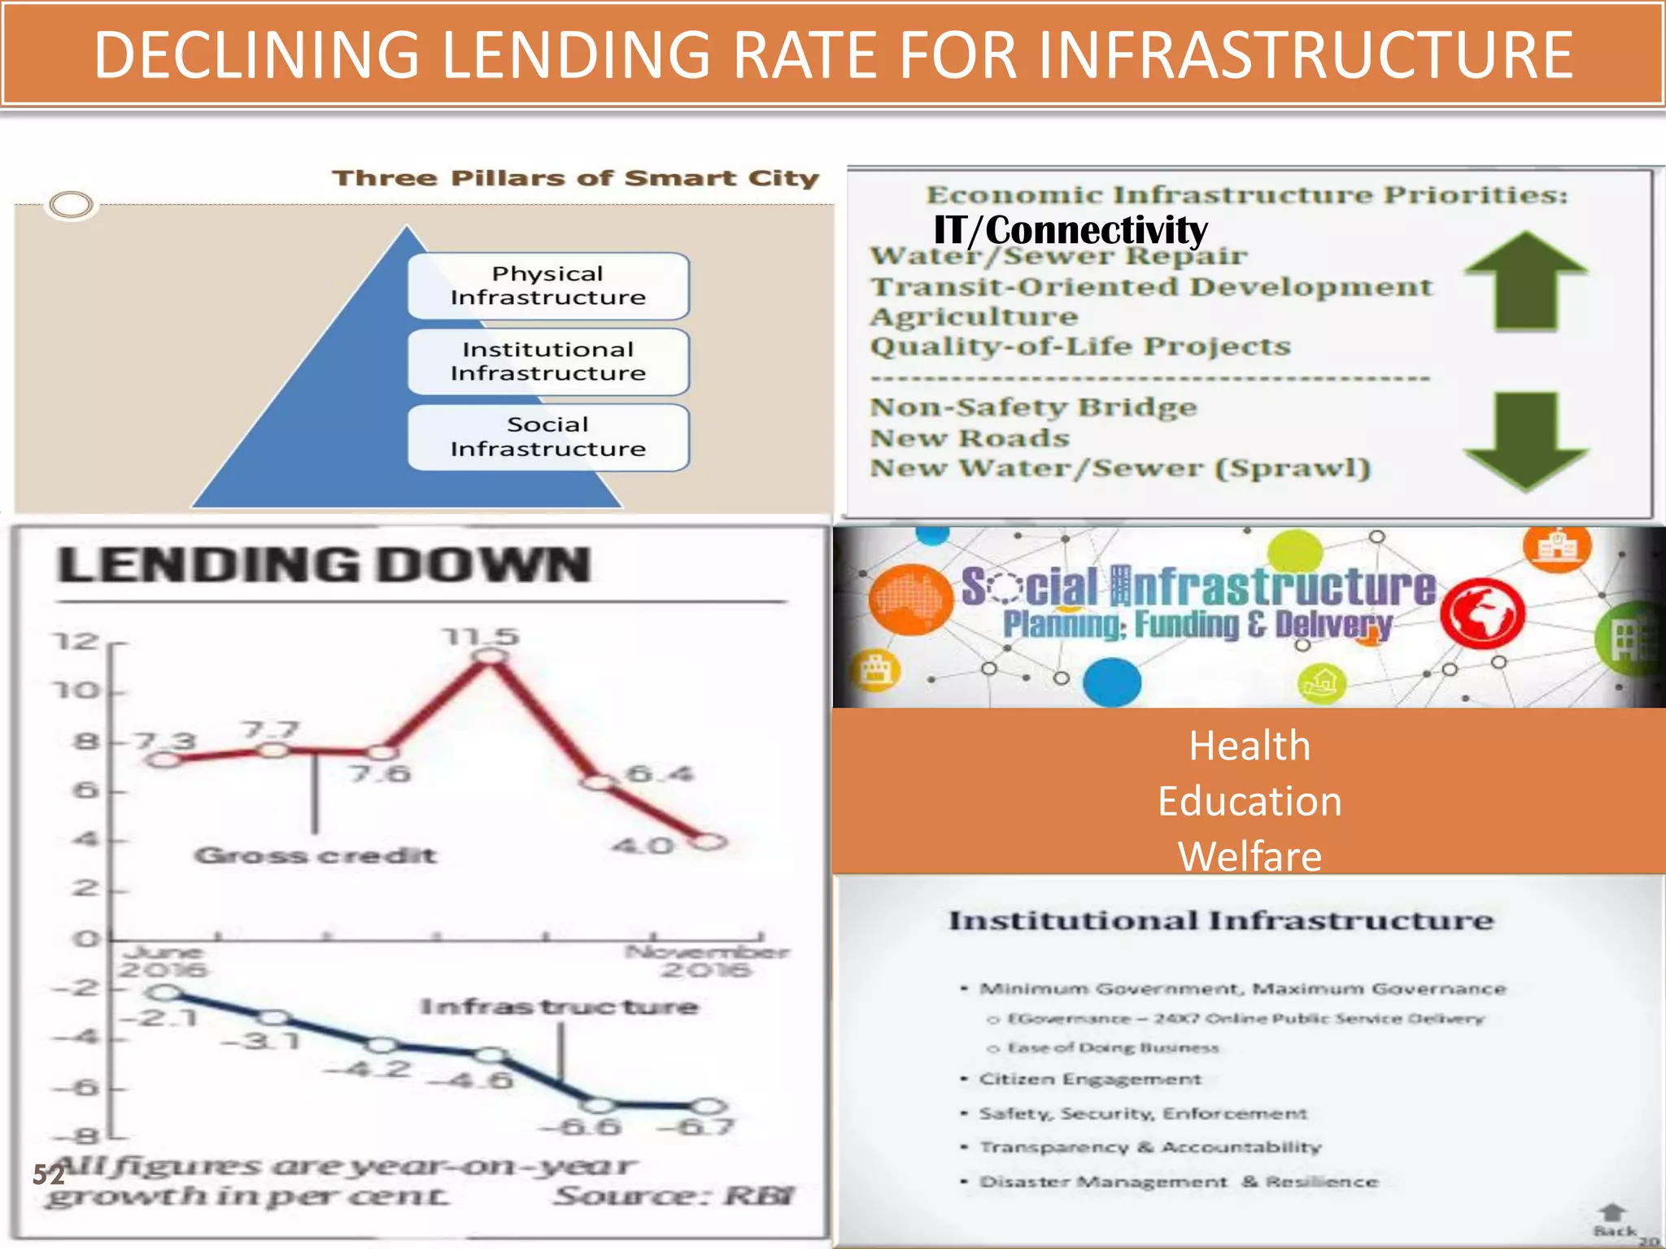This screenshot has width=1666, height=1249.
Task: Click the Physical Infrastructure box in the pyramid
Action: [548, 285]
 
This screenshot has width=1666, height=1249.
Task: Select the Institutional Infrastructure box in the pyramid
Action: [548, 362]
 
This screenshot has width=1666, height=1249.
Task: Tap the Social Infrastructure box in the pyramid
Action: [548, 437]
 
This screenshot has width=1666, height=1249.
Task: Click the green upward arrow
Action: [1525, 281]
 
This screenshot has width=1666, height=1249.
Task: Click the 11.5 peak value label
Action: [481, 637]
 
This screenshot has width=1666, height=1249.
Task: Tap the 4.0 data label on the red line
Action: [643, 846]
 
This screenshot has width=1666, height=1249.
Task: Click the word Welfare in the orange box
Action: [1250, 856]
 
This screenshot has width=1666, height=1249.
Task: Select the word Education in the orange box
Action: [1249, 802]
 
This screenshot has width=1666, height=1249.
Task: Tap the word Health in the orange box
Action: [1249, 746]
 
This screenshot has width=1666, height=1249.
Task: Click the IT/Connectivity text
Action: [1071, 230]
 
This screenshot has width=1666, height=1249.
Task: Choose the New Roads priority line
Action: [970, 438]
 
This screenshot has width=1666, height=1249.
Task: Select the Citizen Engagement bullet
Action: [1089, 1079]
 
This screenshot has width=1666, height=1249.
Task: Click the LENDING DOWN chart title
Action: [324, 565]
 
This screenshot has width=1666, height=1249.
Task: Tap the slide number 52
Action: [48, 1174]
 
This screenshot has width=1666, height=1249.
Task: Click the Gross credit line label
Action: [316, 855]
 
